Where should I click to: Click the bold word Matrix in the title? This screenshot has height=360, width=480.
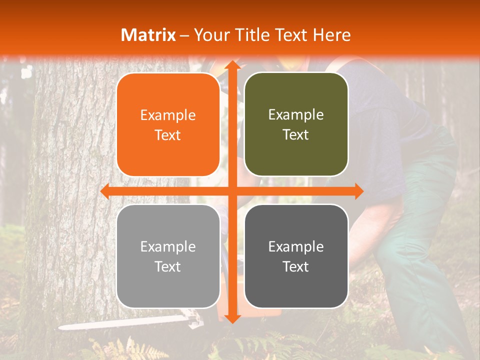coord(148,35)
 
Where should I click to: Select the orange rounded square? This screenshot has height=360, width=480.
coord(168,125)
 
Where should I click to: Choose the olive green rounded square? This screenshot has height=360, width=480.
coord(296,124)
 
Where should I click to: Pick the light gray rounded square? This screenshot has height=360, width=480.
coord(168,256)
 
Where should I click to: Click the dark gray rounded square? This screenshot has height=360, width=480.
coord(296,256)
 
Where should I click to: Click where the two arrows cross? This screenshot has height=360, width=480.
coord(231,191)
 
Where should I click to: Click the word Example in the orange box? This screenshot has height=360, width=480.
coord(168,115)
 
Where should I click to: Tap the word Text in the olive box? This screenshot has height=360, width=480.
coord(296,135)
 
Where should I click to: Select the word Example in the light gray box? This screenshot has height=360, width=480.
coord(168,246)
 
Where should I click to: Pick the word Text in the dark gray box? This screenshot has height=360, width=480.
coord(296,266)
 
